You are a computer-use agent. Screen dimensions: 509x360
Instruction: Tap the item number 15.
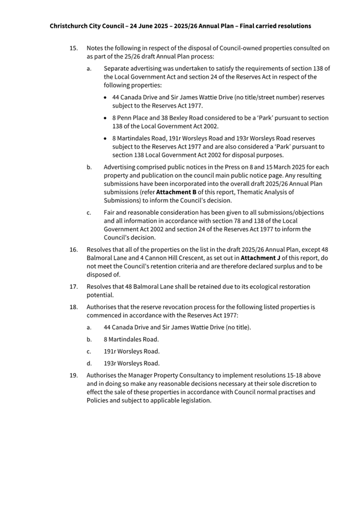pyautogui.click(x=74, y=48)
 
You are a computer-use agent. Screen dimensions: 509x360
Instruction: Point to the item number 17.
pyautogui.click(x=74, y=286)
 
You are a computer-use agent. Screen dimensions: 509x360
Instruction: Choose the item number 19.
pyautogui.click(x=74, y=375)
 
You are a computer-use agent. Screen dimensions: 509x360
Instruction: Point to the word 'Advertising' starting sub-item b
pyautogui.click(x=120, y=167)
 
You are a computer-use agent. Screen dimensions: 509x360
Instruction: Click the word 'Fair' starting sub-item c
pyautogui.click(x=109, y=212)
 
